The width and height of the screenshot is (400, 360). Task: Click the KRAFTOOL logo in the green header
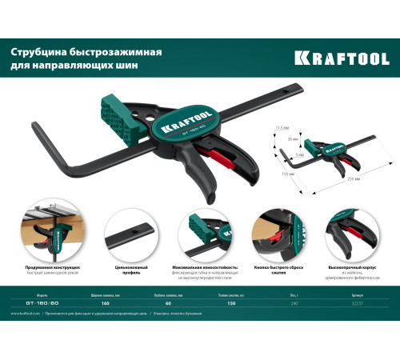(x=344, y=57)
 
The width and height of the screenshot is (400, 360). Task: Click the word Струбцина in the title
(x=41, y=52)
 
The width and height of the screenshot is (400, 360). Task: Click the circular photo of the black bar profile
(x=128, y=235)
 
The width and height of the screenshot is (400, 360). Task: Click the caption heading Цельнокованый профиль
(x=128, y=271)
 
